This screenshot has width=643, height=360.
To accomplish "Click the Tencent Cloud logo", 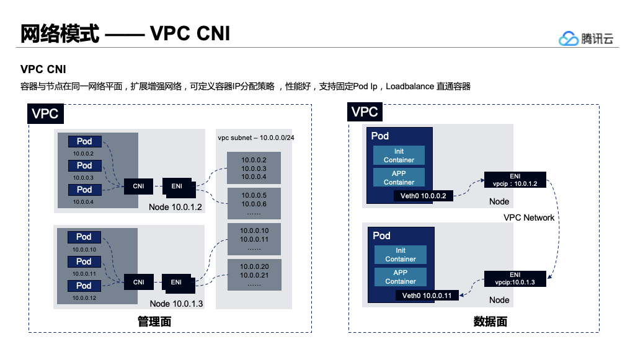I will pyautogui.click(x=585, y=38).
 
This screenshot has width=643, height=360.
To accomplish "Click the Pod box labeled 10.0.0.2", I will pyautogui.click(x=84, y=142).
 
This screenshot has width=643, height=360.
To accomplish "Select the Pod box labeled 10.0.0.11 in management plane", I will pyautogui.click(x=84, y=261).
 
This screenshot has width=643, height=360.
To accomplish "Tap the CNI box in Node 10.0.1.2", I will pyautogui.click(x=138, y=186).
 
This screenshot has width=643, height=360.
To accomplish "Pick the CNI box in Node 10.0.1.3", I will pyautogui.click(x=138, y=282).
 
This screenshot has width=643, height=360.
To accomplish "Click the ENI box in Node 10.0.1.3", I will pyautogui.click(x=177, y=282).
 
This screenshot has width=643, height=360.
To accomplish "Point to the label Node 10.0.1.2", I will pyautogui.click(x=177, y=206).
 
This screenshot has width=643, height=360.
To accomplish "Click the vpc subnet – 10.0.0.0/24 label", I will pyautogui.click(x=255, y=136).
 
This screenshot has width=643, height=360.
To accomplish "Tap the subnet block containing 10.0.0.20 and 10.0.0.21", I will pyautogui.click(x=254, y=274).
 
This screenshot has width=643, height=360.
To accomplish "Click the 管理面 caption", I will pyautogui.click(x=154, y=322).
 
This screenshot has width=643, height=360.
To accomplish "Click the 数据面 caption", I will pyautogui.click(x=490, y=322).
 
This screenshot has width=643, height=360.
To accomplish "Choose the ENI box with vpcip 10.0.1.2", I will pyautogui.click(x=515, y=180).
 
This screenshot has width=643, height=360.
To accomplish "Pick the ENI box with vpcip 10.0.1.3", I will pyautogui.click(x=515, y=278).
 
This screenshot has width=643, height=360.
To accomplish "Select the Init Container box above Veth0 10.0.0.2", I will pyautogui.click(x=399, y=156).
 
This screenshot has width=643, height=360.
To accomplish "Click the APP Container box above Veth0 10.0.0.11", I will pyautogui.click(x=401, y=277).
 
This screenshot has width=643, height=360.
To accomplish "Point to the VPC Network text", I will pyautogui.click(x=529, y=217).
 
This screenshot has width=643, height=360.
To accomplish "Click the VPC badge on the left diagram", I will pyautogui.click(x=45, y=114).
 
